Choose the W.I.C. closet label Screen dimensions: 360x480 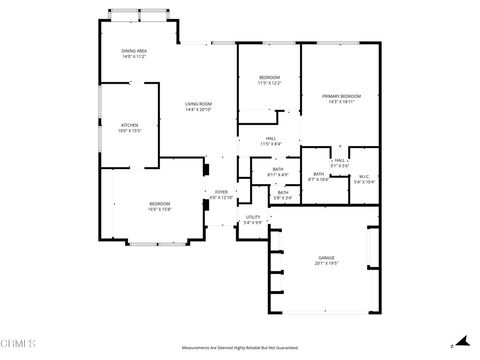click(x=364, y=178)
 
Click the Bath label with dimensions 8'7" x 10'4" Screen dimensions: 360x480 click(x=318, y=176)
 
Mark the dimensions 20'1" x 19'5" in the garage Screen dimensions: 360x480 click(x=325, y=263)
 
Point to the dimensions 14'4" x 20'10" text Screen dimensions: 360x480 click(x=197, y=109)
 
